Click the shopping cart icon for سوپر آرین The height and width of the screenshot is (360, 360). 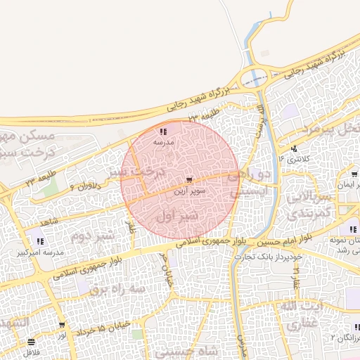click(189, 181)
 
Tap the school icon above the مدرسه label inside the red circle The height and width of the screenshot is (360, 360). click(163, 131)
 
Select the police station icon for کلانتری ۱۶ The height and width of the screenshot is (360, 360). click(293, 149)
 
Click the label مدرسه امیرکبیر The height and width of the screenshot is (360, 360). click(44, 251)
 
